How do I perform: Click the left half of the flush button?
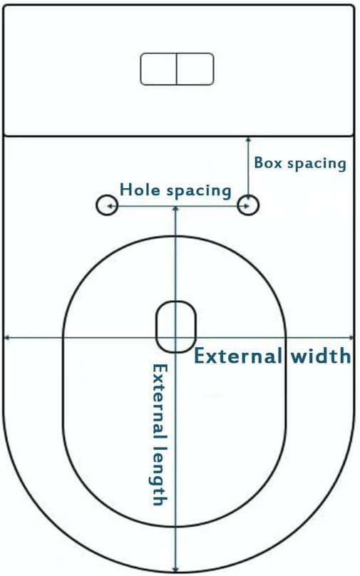pos(159,69)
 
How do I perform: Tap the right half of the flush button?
pos(195,69)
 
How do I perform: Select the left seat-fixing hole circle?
pos(107,205)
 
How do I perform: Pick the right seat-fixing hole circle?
pos(248,205)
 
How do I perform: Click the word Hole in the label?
pos(140,190)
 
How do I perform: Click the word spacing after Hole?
pos(199,191)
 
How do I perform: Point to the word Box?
pos(268,163)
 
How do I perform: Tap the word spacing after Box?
pos(317,164)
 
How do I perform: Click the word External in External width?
pos(237,356)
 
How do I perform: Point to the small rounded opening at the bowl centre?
pos(176,326)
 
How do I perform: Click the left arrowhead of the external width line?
pos(6,337)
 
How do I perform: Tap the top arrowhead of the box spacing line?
pos(248,140)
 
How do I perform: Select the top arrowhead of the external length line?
pos(175,210)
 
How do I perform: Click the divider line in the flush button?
pos(177,69)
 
